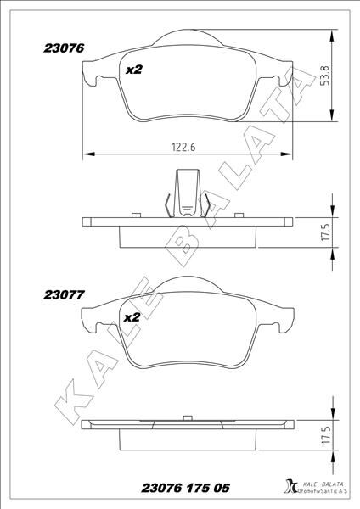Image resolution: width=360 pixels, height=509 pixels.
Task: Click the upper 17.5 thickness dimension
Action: click(x=325, y=232)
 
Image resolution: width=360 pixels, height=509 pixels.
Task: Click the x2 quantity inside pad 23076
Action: click(x=133, y=70)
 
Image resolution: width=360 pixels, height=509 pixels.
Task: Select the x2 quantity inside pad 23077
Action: click(x=131, y=317)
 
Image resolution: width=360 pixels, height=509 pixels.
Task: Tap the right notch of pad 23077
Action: click(x=273, y=326)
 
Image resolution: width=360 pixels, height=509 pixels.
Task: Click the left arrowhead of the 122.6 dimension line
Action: click(x=86, y=154)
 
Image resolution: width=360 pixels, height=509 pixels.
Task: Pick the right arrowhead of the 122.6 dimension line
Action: click(x=291, y=154)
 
